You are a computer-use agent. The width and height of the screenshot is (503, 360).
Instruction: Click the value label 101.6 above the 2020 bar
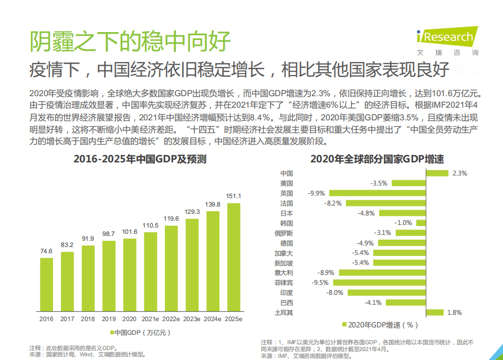pyautogui.click(x=129, y=232)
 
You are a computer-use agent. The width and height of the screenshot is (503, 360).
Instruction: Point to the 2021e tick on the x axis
pyautogui.click(x=150, y=318)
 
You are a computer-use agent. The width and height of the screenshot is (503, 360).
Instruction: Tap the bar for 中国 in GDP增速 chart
pyautogui.click(x=437, y=173)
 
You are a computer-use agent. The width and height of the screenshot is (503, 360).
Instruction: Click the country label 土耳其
pyautogui.click(x=284, y=313)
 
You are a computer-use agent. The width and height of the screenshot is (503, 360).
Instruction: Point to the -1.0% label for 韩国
pyautogui.click(x=404, y=223)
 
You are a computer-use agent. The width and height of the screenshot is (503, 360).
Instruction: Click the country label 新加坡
pyautogui.click(x=284, y=263)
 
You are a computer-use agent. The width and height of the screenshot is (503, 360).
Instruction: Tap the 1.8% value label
pyautogui.click(x=454, y=313)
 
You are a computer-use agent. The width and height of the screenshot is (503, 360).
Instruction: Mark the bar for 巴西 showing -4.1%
pyautogui.click(x=405, y=303)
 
